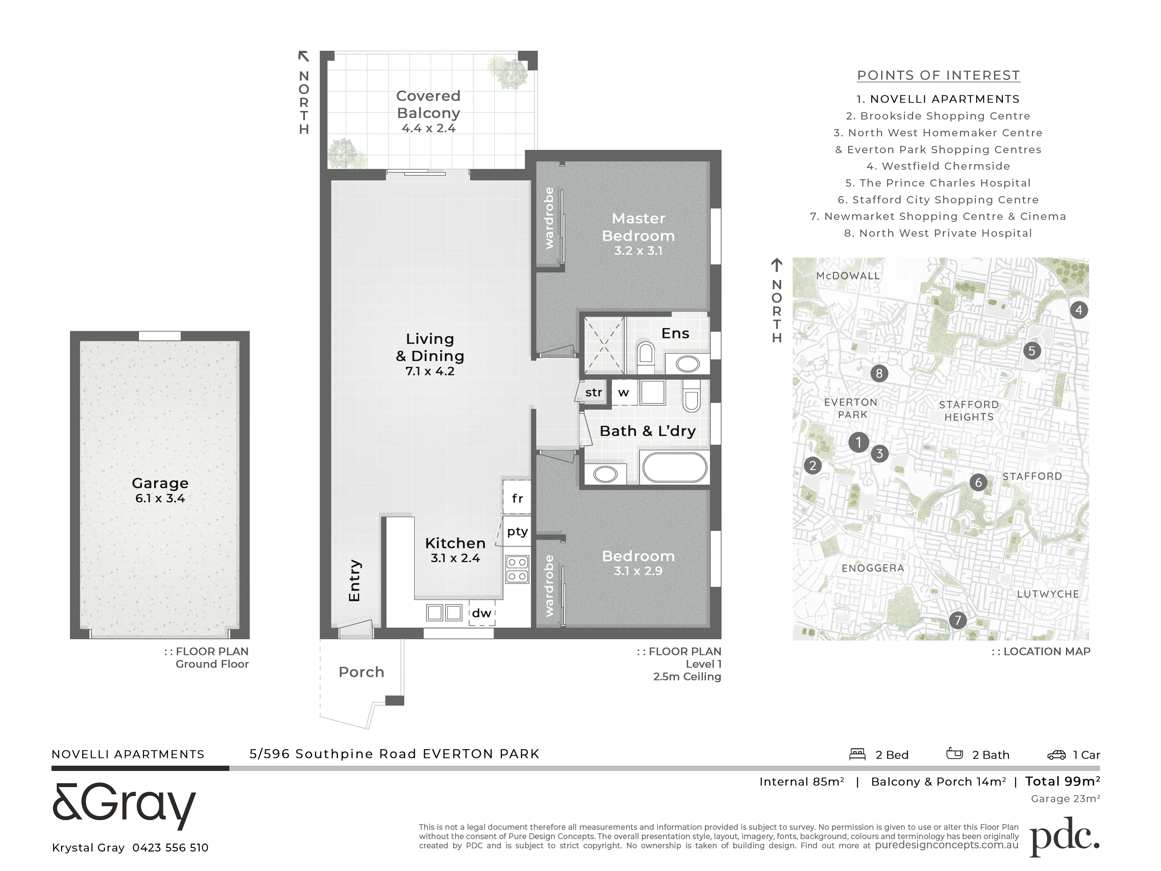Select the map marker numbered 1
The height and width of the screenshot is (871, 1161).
tap(859, 442)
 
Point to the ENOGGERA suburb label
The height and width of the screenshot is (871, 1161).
tap(873, 568)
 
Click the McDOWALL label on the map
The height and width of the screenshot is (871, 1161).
tap(848, 276)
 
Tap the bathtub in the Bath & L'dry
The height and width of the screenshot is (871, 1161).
tap(675, 467)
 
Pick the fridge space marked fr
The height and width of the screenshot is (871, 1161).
tap(517, 498)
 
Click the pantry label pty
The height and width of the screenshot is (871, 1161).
tap(517, 531)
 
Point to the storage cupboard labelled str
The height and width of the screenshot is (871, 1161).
tap(594, 392)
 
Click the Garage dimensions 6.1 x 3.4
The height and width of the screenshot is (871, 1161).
tap(160, 498)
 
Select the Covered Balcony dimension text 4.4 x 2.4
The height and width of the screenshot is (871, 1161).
tap(428, 128)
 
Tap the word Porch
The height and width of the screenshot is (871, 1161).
tap(361, 672)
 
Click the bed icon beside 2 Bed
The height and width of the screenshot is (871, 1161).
tap(857, 754)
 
